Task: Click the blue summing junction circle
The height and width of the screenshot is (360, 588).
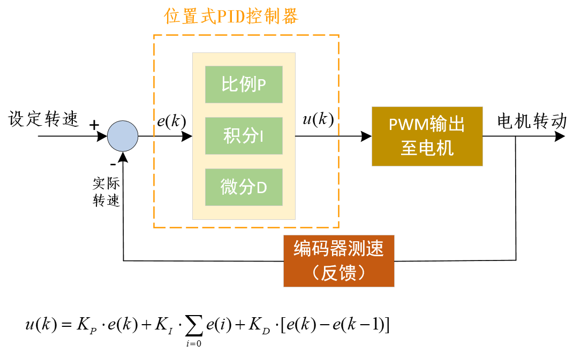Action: [123, 136]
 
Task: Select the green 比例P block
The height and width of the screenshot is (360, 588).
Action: [244, 85]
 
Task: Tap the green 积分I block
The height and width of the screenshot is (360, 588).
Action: [244, 136]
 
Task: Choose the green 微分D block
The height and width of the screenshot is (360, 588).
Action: [244, 187]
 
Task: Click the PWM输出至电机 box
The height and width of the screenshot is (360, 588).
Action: [427, 136]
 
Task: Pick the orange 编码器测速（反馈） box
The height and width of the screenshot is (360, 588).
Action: [338, 261]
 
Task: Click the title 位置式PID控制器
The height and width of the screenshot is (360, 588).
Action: [231, 17]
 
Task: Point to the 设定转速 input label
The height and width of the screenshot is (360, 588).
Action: [43, 119]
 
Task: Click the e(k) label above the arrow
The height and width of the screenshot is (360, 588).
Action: [171, 121]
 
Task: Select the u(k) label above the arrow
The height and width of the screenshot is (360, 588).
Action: [318, 119]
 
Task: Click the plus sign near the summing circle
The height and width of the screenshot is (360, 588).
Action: [94, 125]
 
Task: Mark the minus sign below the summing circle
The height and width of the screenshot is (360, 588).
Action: [112, 163]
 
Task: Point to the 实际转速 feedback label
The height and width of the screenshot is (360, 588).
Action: [106, 192]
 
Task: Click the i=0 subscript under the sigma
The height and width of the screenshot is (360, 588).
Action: [194, 343]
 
